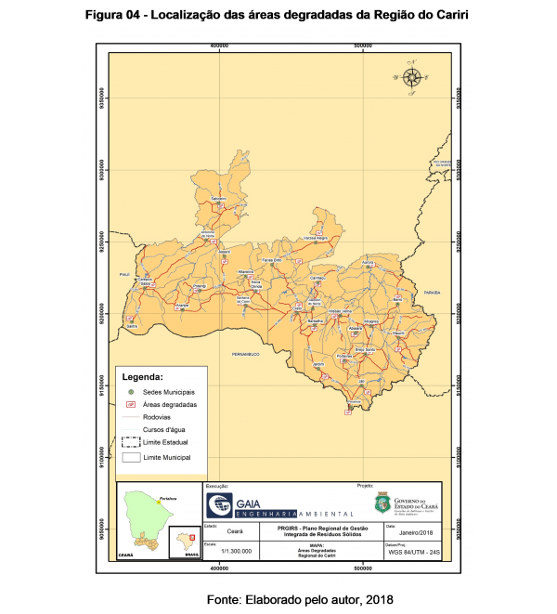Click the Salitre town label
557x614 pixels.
pyautogui.click(x=132, y=326)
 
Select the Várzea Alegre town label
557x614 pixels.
pyautogui.click(x=317, y=238)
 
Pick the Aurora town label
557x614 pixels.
pyautogui.click(x=368, y=263)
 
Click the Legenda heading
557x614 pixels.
pyautogui.click(x=143, y=378)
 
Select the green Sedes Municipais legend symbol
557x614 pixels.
pyautogui.click(x=131, y=393)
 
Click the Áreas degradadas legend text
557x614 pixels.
pyautogui.click(x=170, y=405)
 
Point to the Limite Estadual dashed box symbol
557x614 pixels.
pyautogui.click(x=131, y=442)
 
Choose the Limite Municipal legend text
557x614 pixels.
pyautogui.click(x=167, y=457)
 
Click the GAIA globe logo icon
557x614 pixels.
pyautogui.click(x=221, y=505)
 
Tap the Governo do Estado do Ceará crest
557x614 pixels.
pyautogui.click(x=382, y=504)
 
